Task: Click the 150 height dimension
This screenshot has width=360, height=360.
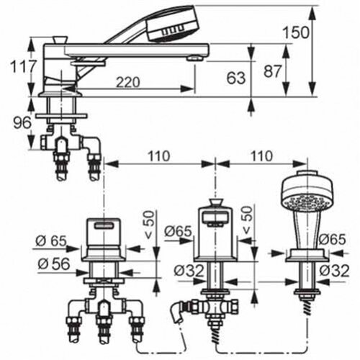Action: [x=296, y=32]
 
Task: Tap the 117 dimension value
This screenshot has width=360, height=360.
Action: [x=23, y=66]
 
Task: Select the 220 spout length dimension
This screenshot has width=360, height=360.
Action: [x=128, y=82]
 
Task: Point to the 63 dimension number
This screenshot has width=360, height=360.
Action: [x=236, y=78]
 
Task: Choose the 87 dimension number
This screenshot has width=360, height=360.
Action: [x=272, y=71]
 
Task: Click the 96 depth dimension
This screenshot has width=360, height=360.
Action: [x=22, y=122]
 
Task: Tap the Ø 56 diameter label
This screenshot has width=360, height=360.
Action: [x=54, y=264]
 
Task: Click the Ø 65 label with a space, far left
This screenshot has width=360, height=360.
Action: [x=51, y=240]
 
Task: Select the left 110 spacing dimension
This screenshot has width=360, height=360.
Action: [x=159, y=156]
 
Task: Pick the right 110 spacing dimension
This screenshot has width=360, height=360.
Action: [x=261, y=156]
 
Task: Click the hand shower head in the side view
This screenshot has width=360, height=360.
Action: [x=173, y=24]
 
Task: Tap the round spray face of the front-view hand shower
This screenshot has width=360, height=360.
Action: [x=307, y=203]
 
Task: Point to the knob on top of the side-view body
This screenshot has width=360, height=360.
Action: [x=60, y=40]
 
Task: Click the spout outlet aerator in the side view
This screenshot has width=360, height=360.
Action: [x=195, y=58]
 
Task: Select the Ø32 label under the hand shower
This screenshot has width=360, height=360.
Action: [x=334, y=271]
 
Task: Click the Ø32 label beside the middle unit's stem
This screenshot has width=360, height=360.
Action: [x=189, y=271]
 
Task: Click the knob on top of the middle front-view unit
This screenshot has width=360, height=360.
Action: [x=216, y=203]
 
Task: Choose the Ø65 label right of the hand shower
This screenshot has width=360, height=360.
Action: [x=332, y=239]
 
